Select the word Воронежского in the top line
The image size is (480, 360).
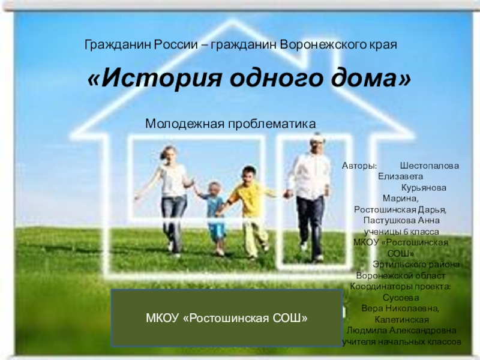[x=321, y=44]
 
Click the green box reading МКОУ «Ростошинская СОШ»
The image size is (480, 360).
[x=227, y=318]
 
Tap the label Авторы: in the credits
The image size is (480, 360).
[x=359, y=166]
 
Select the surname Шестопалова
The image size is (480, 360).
[x=430, y=166]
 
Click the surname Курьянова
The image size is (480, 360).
[x=424, y=188]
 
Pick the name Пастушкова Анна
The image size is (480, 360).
[x=401, y=220]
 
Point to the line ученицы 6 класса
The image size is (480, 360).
[x=401, y=232]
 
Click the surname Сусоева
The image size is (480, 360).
[x=401, y=298]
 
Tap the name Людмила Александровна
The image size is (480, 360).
[x=401, y=331]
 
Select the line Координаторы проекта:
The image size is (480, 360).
[x=400, y=287]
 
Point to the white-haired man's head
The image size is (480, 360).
[x=316, y=143]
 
